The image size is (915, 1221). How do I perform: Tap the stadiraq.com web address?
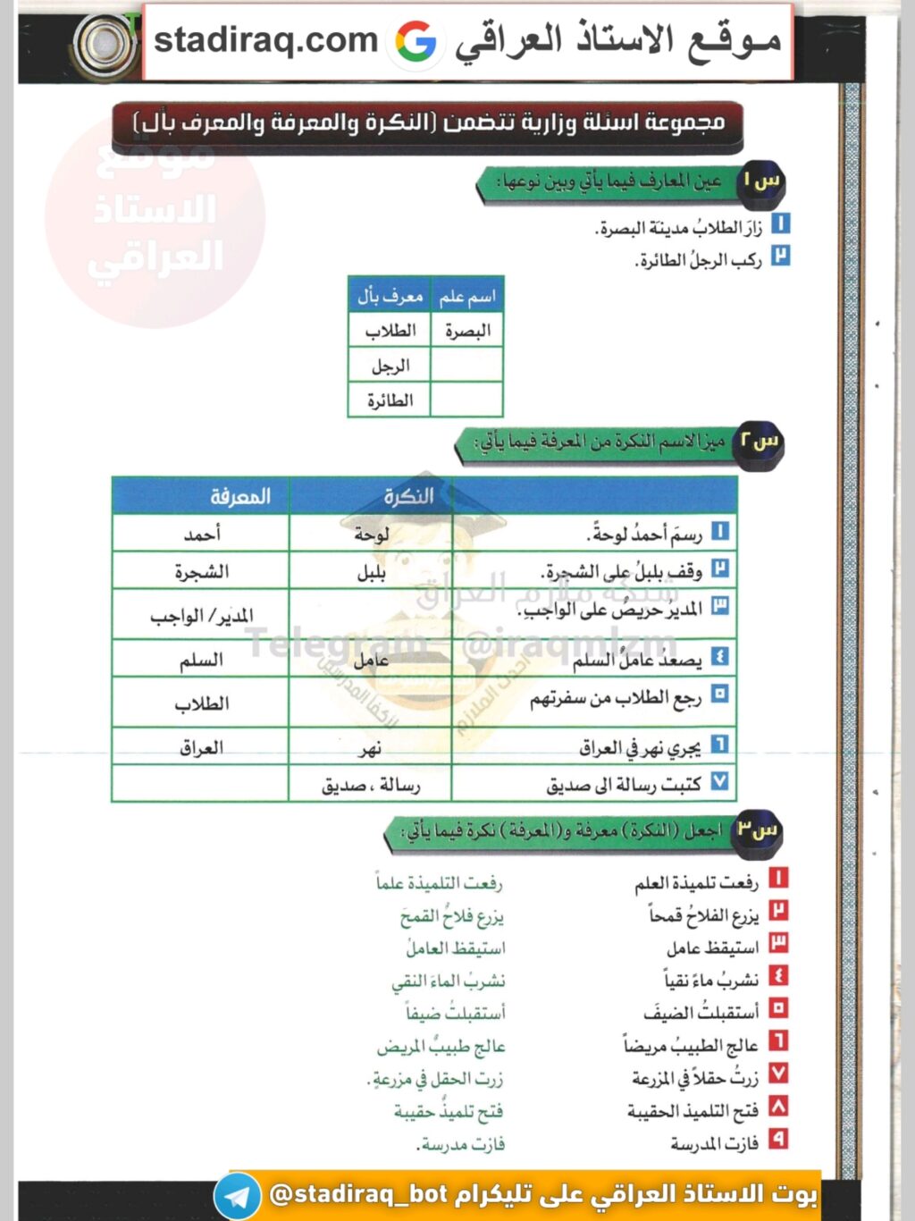coord(265,40)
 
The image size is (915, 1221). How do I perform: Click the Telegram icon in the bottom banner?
coord(238,1196)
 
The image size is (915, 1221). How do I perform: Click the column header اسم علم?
coord(466,296)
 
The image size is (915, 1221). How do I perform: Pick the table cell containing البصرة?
coord(467,331)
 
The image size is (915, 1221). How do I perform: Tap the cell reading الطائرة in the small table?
coord(390,400)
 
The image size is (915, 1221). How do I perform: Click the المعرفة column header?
coord(239,496)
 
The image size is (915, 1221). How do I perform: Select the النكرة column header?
coord(408,496)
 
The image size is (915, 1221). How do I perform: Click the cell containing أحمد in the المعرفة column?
coord(202,535)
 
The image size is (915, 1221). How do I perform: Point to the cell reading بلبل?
coord(371,572)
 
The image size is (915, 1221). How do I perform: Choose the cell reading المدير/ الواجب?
coord(202,615)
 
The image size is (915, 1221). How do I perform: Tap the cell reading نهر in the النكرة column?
coord(370,748)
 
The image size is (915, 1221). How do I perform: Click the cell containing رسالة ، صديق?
coord(371,786)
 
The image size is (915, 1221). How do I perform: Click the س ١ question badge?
coord(761,181)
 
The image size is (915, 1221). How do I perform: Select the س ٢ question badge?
coord(759,442)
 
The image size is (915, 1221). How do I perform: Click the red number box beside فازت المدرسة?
coord(778,1140)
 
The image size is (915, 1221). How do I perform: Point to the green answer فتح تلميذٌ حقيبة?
coord(449,1111)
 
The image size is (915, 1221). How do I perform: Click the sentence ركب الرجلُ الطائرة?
coord(699,260)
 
